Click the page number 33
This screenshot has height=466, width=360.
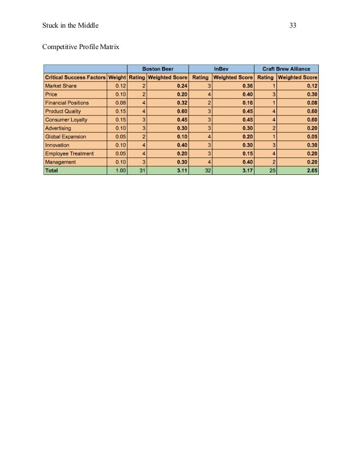click(293, 25)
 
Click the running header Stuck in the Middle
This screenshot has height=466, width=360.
click(67, 25)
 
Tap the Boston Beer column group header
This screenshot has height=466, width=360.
click(157, 68)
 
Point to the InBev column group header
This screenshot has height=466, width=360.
click(221, 68)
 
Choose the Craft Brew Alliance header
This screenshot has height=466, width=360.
click(287, 68)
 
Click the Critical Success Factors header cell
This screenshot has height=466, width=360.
click(75, 77)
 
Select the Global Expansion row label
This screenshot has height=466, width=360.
click(67, 137)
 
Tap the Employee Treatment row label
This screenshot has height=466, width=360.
click(69, 153)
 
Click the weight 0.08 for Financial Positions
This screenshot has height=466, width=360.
click(119, 103)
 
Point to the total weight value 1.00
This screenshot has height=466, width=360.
click(119, 170)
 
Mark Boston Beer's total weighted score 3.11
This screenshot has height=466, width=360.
click(181, 170)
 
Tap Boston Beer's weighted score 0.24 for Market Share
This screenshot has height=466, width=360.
click(181, 86)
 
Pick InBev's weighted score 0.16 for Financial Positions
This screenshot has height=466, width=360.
click(245, 103)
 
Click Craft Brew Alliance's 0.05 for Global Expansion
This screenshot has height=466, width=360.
click(310, 137)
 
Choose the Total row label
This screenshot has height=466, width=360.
click(52, 170)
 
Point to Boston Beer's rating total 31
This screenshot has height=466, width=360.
click(141, 170)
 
